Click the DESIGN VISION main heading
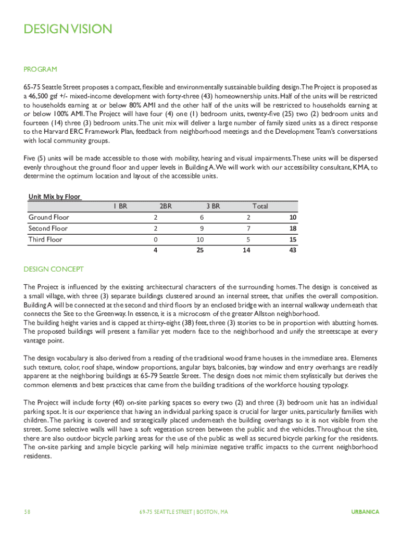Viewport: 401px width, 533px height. [x=68, y=29]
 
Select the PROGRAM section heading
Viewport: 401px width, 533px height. [x=40, y=69]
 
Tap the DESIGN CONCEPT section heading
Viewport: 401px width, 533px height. [x=54, y=269]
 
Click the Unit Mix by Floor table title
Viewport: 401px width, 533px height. [x=54, y=196]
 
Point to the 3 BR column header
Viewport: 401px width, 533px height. [x=212, y=206]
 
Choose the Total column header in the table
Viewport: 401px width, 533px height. [x=260, y=206]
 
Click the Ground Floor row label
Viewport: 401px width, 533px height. [x=49, y=217]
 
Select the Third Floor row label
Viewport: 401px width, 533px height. [x=45, y=239]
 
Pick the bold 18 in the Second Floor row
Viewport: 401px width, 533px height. [x=292, y=229]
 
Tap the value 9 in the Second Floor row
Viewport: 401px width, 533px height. [x=201, y=229]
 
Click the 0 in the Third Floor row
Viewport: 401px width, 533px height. [x=155, y=239]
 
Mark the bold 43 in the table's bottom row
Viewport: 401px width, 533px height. [x=292, y=250]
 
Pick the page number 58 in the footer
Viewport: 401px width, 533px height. [x=27, y=512]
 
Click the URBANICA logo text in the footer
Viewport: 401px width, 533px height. [x=365, y=512]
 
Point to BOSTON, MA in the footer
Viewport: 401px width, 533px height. [x=212, y=512]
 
